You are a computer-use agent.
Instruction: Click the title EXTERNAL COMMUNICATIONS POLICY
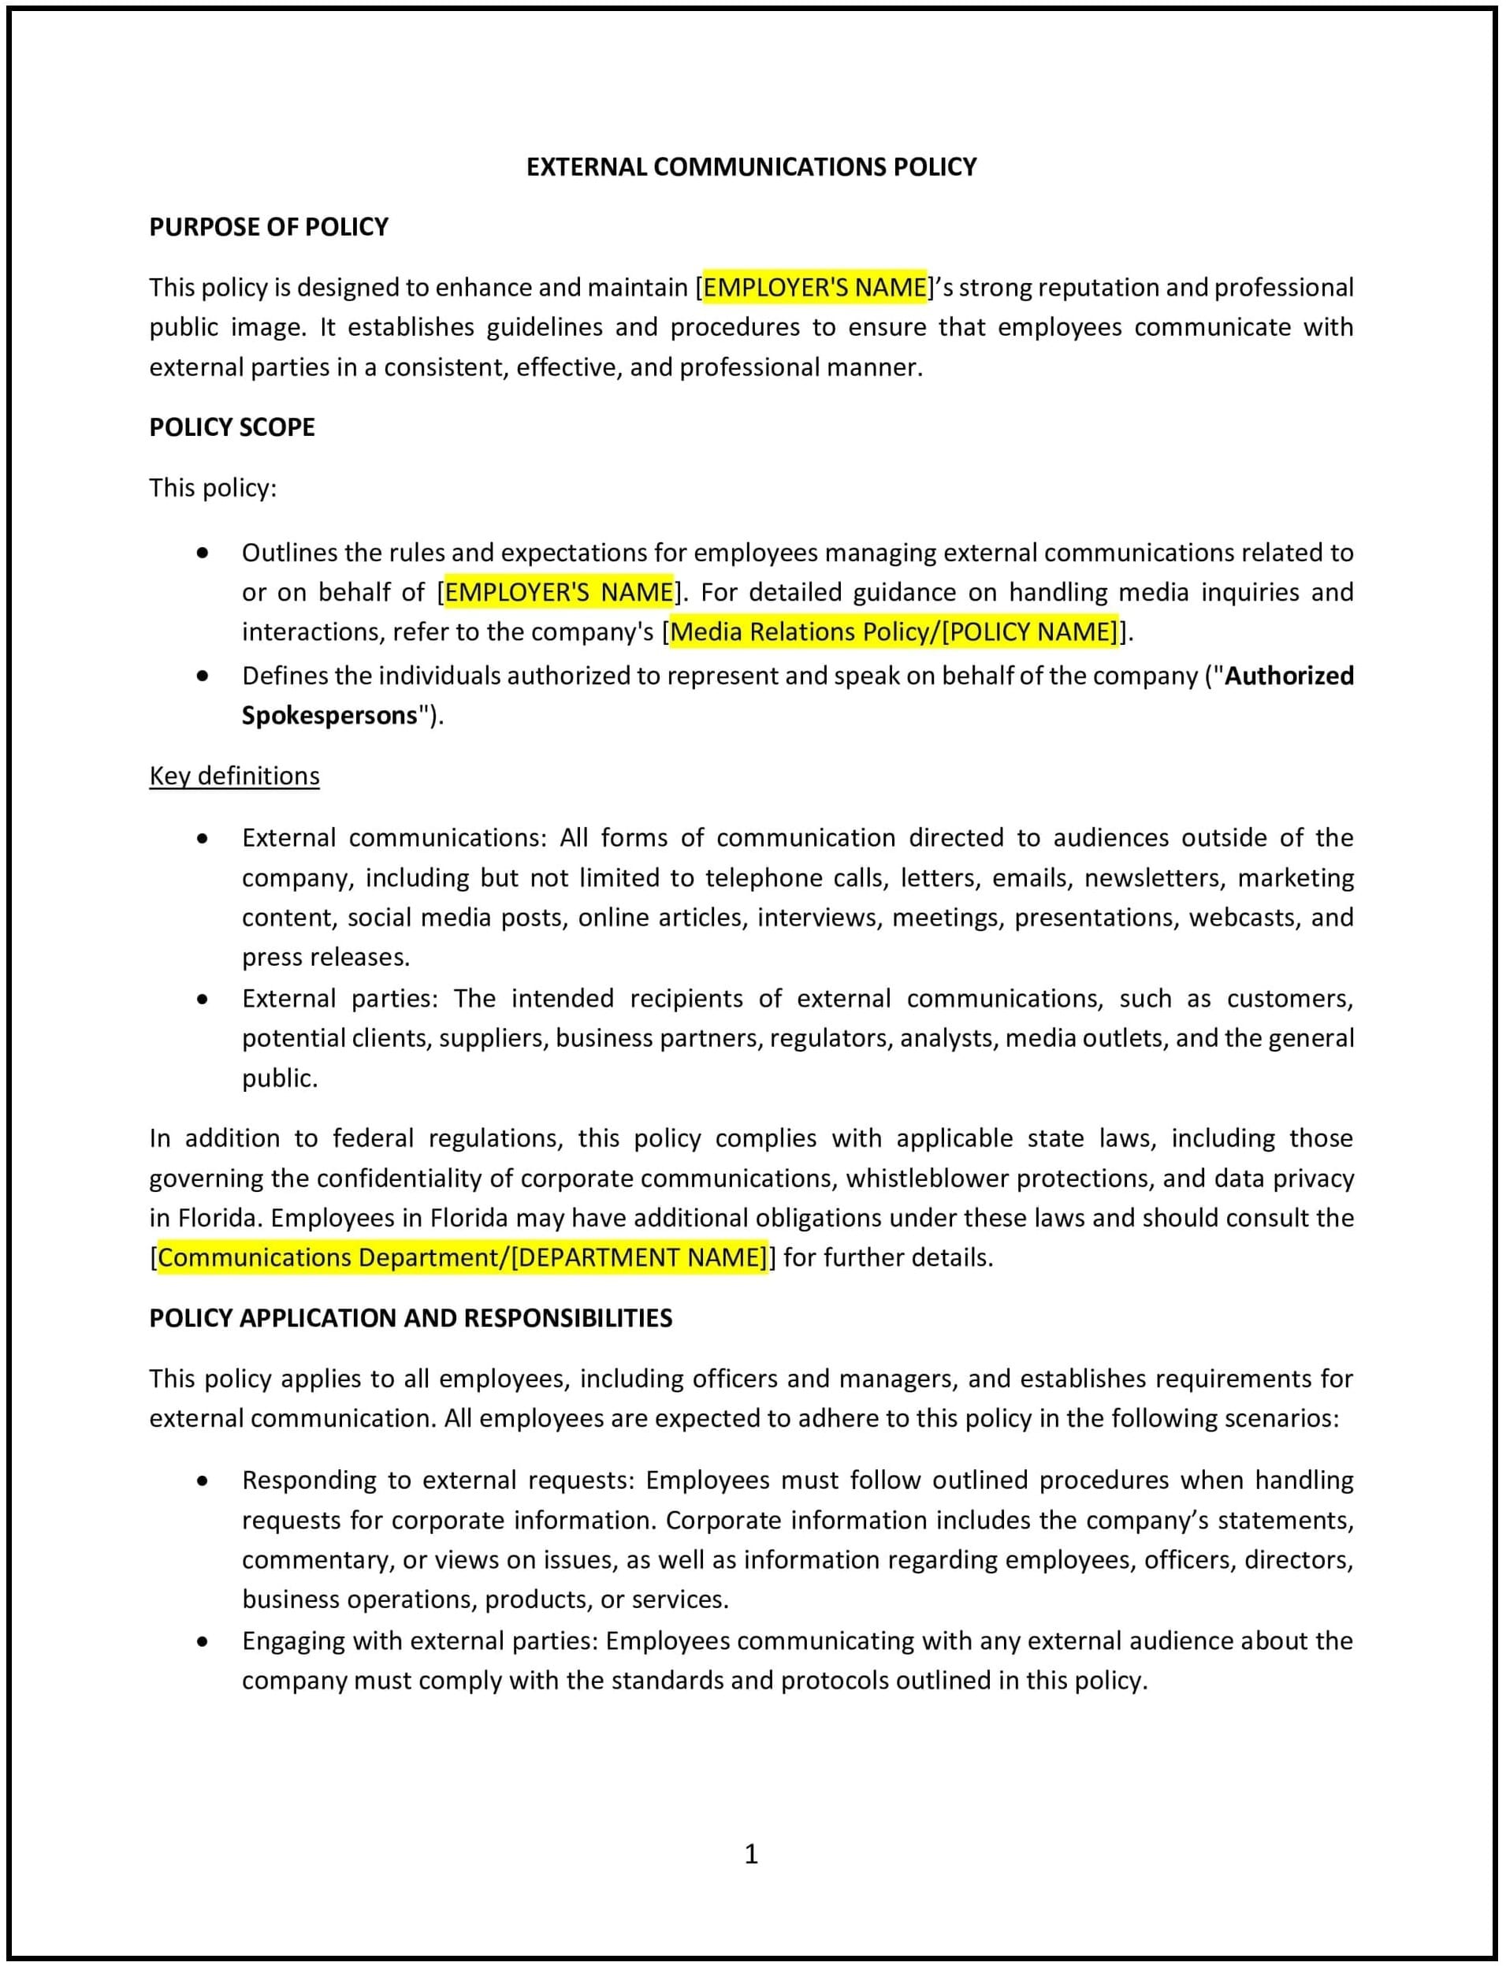coord(750,168)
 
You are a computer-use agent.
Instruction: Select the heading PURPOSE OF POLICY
coord(268,228)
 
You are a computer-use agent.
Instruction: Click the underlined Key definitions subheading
coord(234,776)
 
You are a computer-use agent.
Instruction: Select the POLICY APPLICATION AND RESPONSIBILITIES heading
coord(410,1318)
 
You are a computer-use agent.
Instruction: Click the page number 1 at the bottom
coord(751,1854)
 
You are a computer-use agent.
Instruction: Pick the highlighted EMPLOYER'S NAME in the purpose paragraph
coord(814,288)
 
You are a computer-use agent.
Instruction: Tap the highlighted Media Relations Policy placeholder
coord(894,632)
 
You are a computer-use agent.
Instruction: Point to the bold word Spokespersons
coord(329,716)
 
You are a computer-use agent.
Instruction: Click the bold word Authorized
coord(1288,675)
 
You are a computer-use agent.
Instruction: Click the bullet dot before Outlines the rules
coord(203,553)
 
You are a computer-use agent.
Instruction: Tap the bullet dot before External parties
coord(203,1000)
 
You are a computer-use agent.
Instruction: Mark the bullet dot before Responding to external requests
coord(203,1481)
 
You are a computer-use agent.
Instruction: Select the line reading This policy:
coord(213,488)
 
